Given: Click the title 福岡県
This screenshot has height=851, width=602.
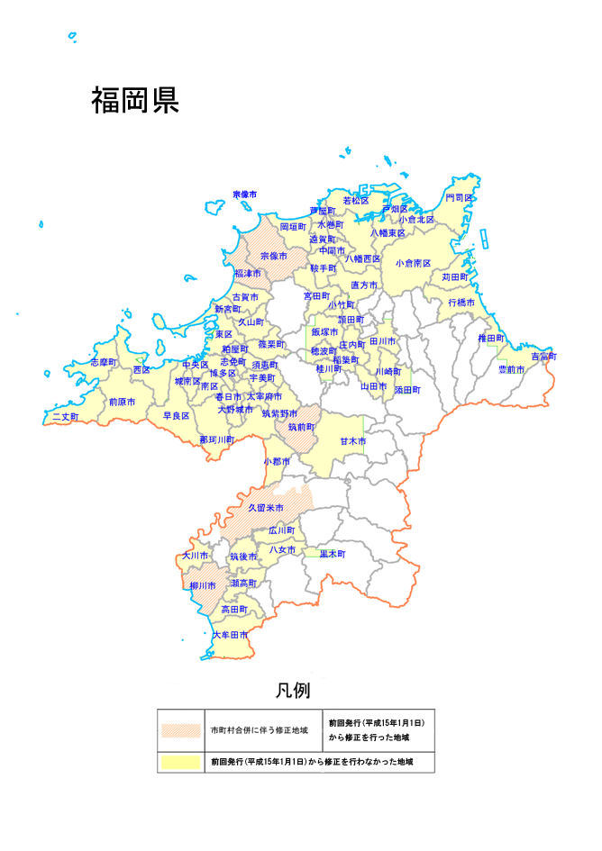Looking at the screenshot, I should pos(134,101).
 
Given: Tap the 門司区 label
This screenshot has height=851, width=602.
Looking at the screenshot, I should pos(460,197).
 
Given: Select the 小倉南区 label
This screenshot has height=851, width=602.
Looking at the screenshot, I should pos(413,264).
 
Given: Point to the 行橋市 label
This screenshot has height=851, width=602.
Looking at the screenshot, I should pos(461,303).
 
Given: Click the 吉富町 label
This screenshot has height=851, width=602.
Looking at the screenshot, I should pos(543,357).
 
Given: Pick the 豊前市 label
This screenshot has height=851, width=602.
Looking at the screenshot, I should pos(513,370).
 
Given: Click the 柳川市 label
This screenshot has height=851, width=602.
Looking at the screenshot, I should pos(203,586).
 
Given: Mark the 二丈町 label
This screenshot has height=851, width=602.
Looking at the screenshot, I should pos(65,418).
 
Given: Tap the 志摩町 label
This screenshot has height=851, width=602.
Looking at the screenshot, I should pos(104,362).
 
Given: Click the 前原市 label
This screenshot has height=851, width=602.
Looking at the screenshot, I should pos(122,402).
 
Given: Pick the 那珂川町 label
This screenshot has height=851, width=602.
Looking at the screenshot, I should pos(217,440).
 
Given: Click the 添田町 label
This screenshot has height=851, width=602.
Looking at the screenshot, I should pos(407,390).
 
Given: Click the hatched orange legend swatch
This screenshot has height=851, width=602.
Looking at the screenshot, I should pos(179,730).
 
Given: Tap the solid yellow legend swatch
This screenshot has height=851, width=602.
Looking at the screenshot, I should pos(179,762).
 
